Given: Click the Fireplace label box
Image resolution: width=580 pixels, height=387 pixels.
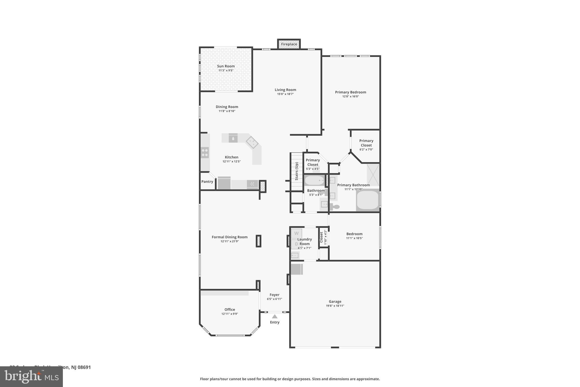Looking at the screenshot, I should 289,44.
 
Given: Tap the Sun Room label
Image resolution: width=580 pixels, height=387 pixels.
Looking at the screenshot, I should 226,66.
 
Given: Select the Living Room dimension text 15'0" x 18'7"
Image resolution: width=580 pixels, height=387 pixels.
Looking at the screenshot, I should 285,94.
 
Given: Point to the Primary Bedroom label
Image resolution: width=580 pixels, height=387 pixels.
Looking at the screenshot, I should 350,92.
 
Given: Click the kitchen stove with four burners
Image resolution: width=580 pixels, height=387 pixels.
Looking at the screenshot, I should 205,153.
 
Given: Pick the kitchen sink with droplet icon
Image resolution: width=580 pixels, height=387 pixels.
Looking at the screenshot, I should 233,138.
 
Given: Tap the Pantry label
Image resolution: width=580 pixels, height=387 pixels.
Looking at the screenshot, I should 207,182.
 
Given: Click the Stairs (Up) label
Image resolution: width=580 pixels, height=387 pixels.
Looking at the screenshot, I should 297,171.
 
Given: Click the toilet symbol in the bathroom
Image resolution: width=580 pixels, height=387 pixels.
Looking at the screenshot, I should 335,207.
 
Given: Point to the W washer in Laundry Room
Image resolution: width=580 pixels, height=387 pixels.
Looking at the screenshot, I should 297,233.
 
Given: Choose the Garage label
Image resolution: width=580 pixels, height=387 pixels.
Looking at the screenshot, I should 335,302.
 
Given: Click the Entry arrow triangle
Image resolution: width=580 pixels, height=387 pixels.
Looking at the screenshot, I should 274,316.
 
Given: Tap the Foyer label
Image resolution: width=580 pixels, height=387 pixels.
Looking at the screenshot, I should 274,295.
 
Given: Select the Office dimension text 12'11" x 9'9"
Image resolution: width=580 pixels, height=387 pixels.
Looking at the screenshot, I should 229,314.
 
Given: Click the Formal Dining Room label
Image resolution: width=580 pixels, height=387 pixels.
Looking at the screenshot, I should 229,237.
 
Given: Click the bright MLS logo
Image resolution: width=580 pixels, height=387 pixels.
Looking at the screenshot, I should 31,377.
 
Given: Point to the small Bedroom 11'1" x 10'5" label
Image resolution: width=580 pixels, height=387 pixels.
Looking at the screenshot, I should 354,234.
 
